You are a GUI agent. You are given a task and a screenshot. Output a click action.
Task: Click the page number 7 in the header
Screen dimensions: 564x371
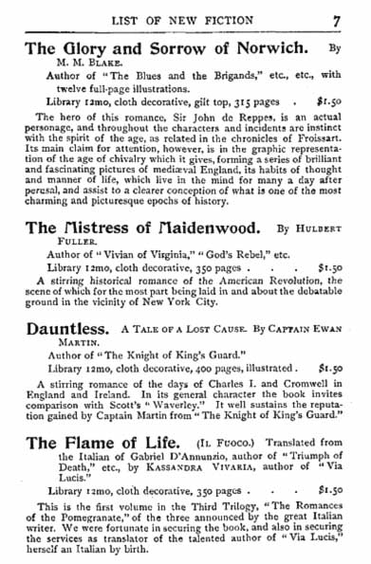point(349,14)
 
